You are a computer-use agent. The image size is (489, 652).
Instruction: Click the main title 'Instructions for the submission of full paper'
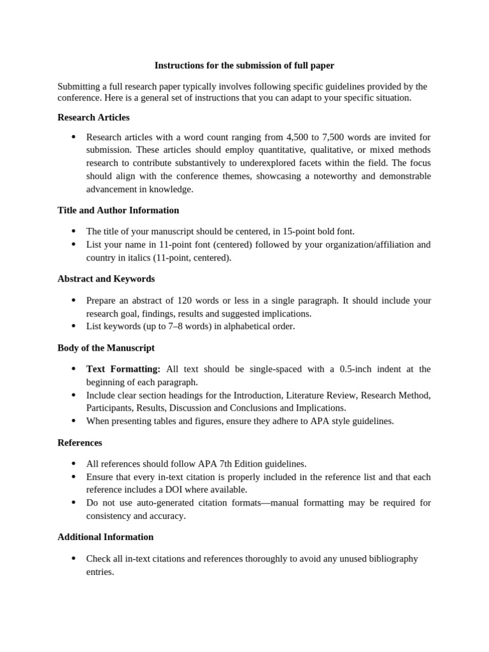click(x=244, y=66)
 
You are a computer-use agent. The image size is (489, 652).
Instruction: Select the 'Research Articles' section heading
click(x=93, y=117)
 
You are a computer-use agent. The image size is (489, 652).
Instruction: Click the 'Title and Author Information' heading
click(x=118, y=210)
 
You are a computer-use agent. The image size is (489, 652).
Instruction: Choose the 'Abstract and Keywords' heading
click(x=106, y=279)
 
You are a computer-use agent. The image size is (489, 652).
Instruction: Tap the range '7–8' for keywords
click(x=167, y=327)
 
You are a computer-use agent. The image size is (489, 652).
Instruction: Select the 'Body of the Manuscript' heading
click(x=106, y=348)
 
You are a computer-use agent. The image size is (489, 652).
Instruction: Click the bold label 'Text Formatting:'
click(x=124, y=369)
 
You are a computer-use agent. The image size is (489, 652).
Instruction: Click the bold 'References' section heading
click(x=80, y=443)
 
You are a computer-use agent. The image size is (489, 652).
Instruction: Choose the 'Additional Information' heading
click(x=105, y=537)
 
